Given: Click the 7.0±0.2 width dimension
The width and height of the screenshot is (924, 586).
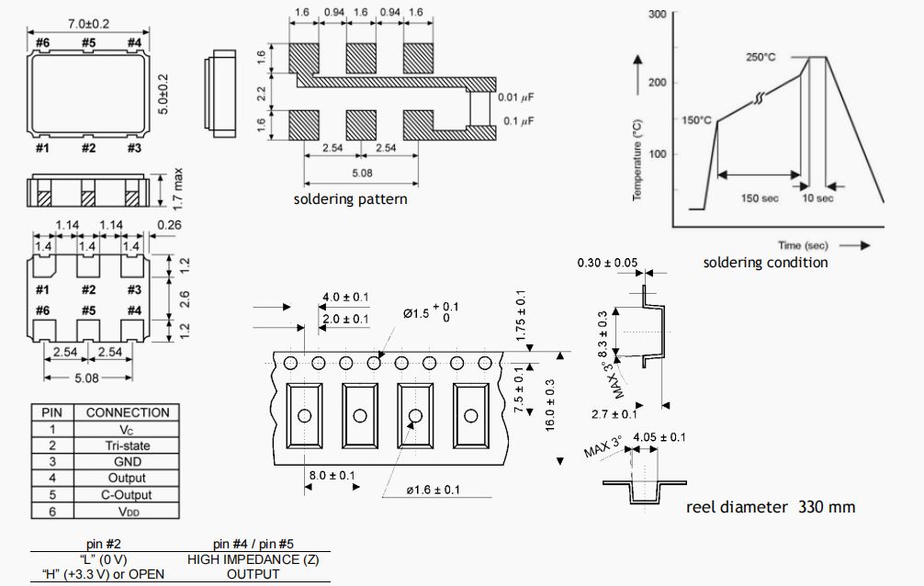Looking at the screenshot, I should (88, 23).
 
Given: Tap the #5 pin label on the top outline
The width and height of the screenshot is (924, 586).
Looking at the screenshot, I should (88, 42).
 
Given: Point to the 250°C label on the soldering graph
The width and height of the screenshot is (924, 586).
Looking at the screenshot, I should (761, 57).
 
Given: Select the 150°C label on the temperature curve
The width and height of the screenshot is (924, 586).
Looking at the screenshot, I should (697, 120).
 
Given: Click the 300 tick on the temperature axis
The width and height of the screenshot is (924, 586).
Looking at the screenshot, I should (657, 15).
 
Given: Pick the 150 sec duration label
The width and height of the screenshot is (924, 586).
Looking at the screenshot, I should (761, 198).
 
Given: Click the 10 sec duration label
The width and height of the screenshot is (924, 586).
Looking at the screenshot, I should (817, 198).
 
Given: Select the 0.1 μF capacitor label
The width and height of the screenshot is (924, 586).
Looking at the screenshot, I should (521, 121).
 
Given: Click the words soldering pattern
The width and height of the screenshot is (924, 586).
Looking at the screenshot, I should (350, 199).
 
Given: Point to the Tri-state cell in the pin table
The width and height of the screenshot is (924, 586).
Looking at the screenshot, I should (127, 445).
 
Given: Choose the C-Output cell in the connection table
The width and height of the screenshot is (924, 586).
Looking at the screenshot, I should (127, 495).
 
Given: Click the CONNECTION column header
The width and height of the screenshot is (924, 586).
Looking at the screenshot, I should (128, 412).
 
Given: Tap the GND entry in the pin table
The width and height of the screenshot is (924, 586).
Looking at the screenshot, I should (127, 462).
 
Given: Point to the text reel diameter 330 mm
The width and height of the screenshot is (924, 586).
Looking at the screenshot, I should (772, 506).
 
